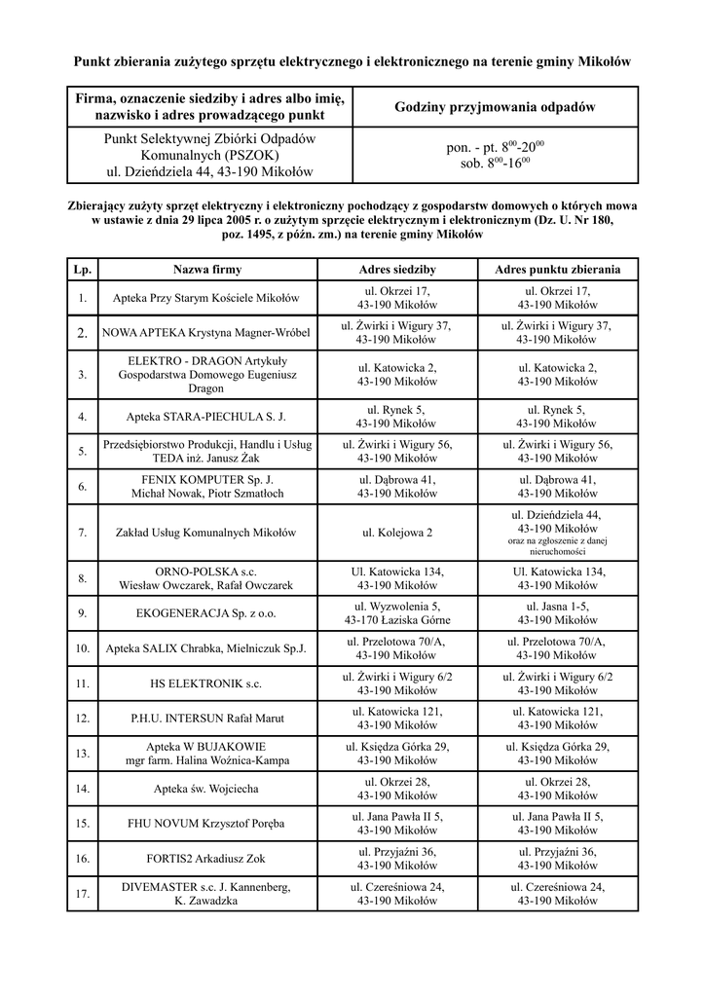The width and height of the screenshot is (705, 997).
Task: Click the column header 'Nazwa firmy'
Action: [206, 269]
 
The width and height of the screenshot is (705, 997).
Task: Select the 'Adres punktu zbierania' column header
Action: [557, 269]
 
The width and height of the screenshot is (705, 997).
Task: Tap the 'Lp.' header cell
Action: [83, 269]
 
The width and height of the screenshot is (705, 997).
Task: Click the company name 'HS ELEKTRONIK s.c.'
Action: [206, 683]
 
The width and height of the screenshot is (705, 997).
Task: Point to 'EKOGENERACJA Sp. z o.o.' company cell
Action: [206, 613]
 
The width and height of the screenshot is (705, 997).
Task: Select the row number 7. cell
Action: [83, 533]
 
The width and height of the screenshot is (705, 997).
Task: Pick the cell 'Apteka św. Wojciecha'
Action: [206, 789]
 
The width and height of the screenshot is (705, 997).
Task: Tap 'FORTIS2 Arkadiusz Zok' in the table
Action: [206, 859]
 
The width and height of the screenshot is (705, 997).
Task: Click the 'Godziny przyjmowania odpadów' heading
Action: [495, 107]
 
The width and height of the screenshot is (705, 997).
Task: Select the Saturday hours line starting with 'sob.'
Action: [495, 164]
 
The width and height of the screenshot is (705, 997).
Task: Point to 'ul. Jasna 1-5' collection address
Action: [557, 606]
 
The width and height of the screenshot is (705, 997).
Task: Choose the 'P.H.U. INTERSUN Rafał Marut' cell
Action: [206, 719]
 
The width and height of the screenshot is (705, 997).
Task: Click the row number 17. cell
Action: [83, 894]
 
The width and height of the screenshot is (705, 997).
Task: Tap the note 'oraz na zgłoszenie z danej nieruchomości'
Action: [557, 545]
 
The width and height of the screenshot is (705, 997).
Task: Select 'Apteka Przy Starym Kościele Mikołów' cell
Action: [206, 298]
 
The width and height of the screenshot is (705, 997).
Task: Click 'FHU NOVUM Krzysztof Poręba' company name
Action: [206, 824]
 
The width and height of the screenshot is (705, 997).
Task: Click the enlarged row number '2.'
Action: [83, 333]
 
